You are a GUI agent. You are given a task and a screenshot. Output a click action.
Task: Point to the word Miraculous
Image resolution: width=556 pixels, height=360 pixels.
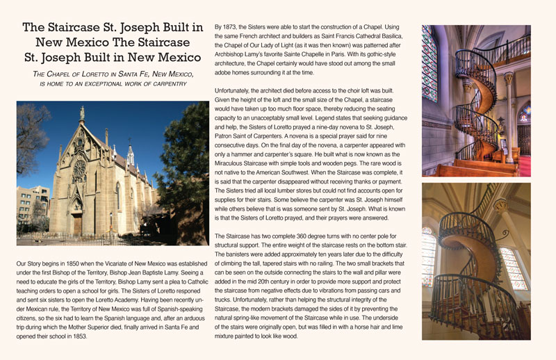click(x=233, y=162)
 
